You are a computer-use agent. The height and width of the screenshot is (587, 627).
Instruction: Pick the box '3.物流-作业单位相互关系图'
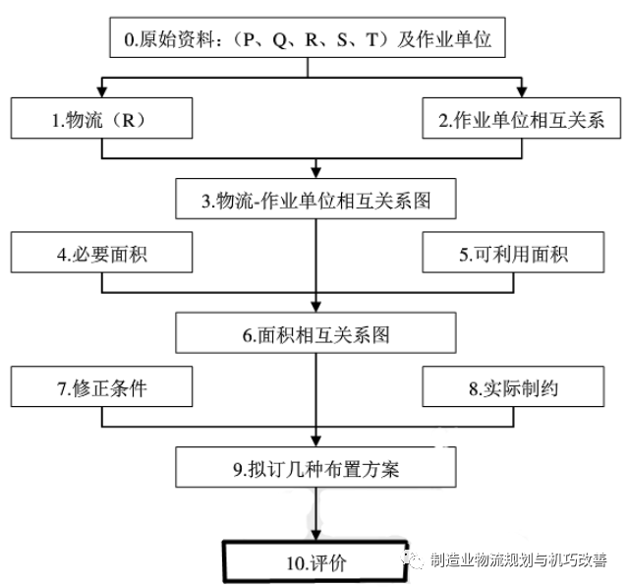pyautogui.click(x=315, y=201)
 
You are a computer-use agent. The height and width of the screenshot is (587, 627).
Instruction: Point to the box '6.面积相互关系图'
pyautogui.click(x=315, y=334)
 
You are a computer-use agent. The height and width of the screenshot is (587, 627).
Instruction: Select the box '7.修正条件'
pyautogui.click(x=106, y=387)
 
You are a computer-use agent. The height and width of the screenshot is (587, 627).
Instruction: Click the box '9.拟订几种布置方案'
pyautogui.click(x=315, y=468)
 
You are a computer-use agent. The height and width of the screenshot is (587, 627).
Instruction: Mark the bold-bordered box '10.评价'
pyautogui.click(x=315, y=562)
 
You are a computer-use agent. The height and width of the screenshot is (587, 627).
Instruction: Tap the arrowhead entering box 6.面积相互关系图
pyautogui.click(x=315, y=306)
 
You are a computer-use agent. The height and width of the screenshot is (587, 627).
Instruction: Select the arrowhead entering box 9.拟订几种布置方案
pyautogui.click(x=315, y=440)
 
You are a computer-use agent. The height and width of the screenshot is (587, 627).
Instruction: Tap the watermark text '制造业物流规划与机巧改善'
pyautogui.click(x=517, y=560)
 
